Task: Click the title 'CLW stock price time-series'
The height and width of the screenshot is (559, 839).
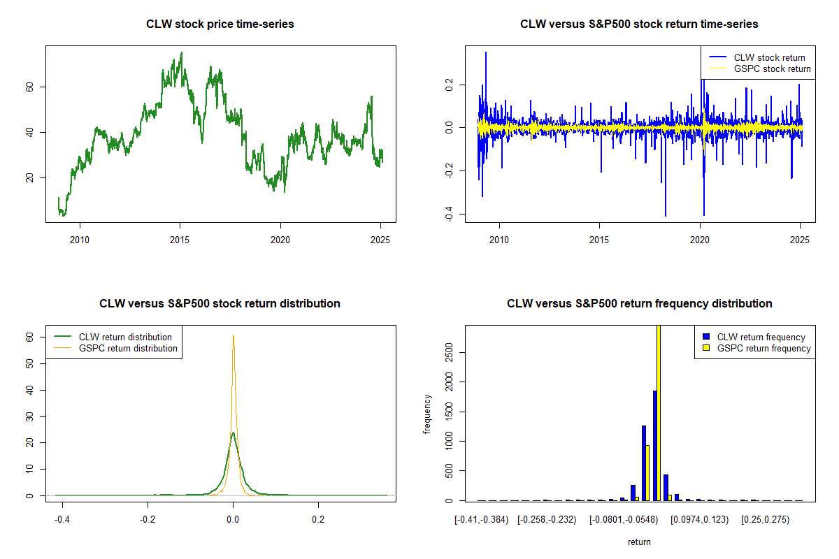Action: [x=220, y=24]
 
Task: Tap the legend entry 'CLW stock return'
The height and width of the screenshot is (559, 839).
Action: [x=769, y=57]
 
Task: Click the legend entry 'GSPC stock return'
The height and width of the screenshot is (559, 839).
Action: [x=772, y=68]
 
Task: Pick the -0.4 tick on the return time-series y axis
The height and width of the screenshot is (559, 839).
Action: [x=450, y=215]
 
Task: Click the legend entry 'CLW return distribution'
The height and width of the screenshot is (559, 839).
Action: [x=125, y=337]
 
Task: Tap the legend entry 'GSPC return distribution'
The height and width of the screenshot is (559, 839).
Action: [x=128, y=348]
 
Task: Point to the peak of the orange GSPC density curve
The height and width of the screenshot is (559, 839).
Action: [x=234, y=335]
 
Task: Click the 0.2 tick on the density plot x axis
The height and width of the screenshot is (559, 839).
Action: [x=318, y=519]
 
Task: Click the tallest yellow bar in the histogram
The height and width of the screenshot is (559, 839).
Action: [x=658, y=412]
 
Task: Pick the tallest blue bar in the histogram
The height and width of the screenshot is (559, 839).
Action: [x=654, y=445]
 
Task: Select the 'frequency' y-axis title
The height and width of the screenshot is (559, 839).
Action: [x=428, y=414]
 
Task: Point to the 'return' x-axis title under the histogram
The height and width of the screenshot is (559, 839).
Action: [x=639, y=542]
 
